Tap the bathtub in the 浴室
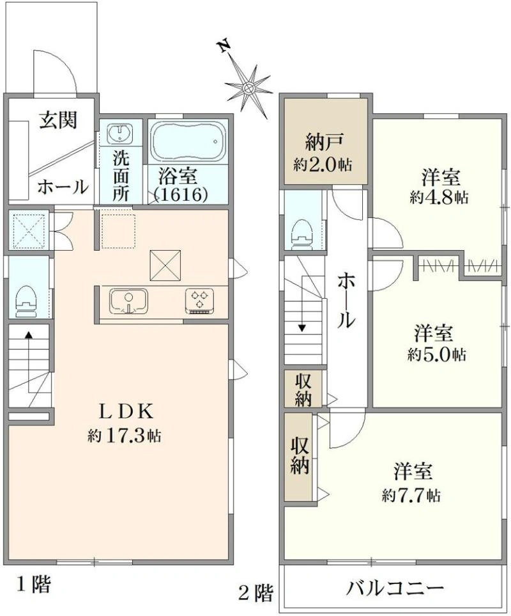coord(188,141)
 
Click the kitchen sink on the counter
coord(128,302)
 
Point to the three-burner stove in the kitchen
coord(200,301)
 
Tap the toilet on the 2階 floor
coord(302,233)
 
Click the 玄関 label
coord(57,120)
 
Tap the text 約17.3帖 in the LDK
coord(124,435)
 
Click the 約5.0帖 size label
coord(436,355)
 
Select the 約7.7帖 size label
coord(411,496)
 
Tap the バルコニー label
coord(395,588)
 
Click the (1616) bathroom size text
coord(181,194)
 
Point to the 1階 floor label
coord(33,584)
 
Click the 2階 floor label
coord(256,592)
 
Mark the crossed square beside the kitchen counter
coord(165,265)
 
